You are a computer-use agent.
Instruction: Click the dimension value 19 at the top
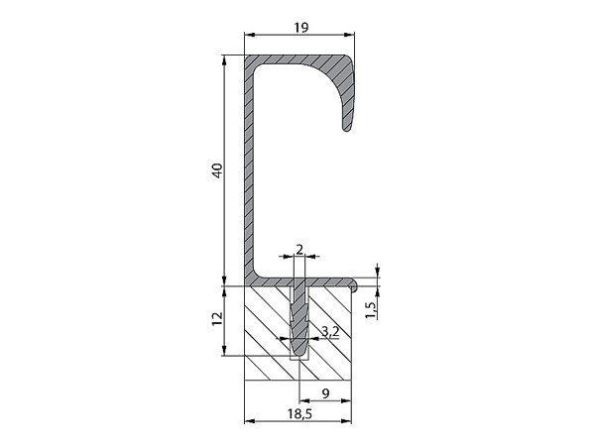click(x=300, y=28)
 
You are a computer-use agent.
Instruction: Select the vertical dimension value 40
click(x=217, y=170)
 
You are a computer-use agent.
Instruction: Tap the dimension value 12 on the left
click(x=217, y=318)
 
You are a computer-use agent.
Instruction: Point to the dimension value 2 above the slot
click(x=299, y=250)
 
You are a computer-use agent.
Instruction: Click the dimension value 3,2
click(x=330, y=331)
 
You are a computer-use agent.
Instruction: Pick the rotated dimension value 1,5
click(x=372, y=309)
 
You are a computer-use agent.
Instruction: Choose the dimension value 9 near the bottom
click(x=325, y=393)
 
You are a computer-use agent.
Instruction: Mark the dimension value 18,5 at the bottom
click(x=299, y=414)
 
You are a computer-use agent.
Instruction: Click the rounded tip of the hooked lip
click(x=347, y=128)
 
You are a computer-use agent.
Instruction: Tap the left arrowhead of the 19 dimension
click(x=249, y=35)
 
